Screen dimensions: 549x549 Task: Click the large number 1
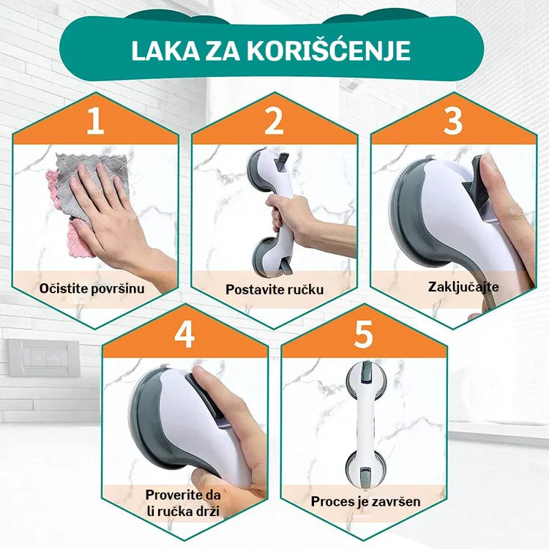(x=96, y=121)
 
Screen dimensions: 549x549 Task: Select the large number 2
(x=274, y=121)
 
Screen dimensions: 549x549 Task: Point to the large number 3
(x=453, y=121)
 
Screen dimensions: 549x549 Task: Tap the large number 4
(x=184, y=335)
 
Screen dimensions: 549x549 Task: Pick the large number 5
(x=363, y=335)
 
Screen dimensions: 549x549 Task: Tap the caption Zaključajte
(x=463, y=287)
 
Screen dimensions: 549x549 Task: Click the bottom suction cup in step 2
(x=266, y=253)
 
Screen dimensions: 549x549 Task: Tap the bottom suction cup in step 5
(x=365, y=468)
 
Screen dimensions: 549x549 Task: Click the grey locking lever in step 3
(x=479, y=189)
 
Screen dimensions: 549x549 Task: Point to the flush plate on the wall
(x=44, y=357)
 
